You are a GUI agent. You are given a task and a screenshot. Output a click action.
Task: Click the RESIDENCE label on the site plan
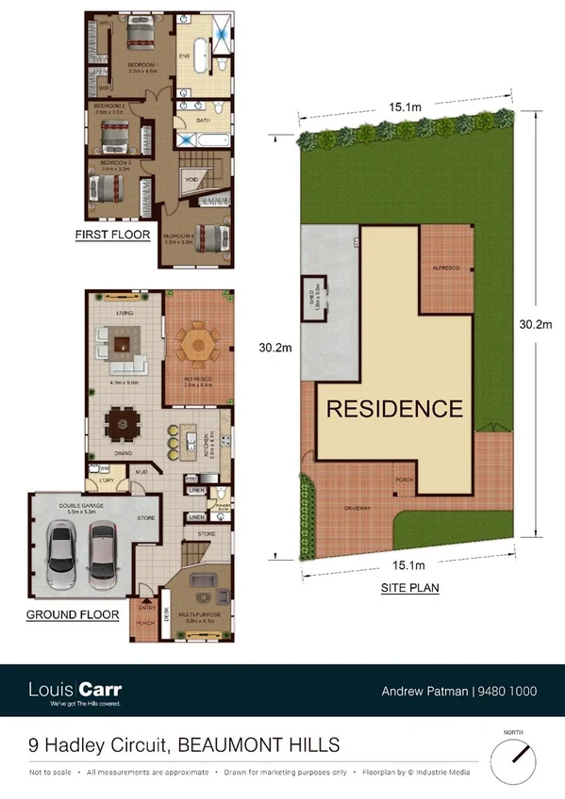[394, 409]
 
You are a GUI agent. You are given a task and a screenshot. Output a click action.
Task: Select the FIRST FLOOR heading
[112, 235]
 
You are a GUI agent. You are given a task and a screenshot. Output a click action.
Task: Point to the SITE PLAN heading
[409, 587]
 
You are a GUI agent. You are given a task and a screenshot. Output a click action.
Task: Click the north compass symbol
[517, 754]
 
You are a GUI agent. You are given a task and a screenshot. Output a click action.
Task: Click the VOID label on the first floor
[191, 178]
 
